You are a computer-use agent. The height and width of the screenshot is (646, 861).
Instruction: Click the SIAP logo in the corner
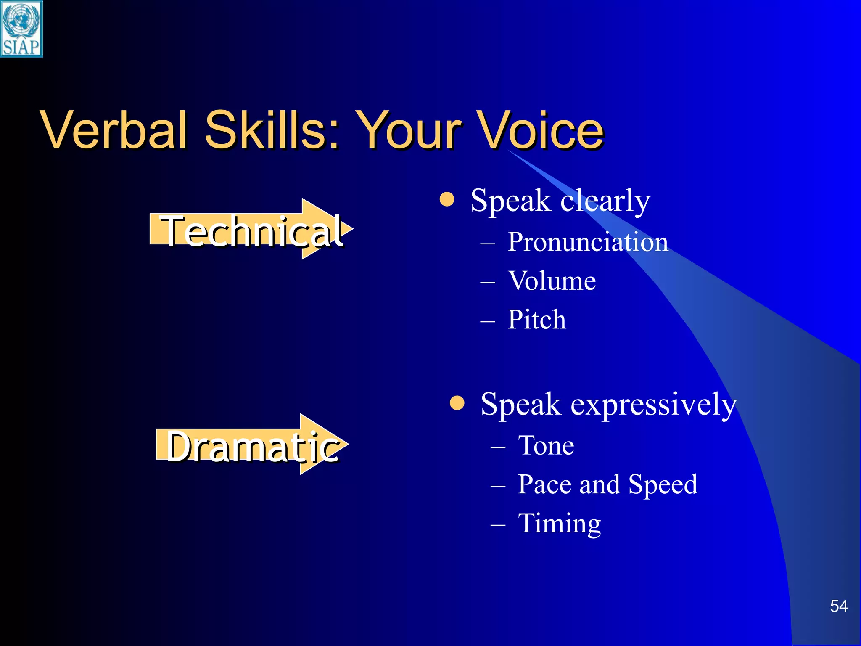21,29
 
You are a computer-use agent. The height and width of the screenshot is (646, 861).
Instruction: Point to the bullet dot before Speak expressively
457,402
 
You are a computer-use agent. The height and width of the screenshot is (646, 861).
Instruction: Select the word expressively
653,405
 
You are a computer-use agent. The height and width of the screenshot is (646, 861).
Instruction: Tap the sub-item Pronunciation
588,242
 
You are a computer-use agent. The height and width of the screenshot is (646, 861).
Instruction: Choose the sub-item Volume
552,281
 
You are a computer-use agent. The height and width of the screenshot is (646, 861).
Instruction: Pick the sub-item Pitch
537,320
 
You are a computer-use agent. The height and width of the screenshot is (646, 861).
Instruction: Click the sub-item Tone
546,445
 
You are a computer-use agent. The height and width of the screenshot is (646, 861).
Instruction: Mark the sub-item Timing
560,524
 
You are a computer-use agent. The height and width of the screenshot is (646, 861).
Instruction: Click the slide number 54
838,606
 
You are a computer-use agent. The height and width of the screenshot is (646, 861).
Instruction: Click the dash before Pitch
487,321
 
